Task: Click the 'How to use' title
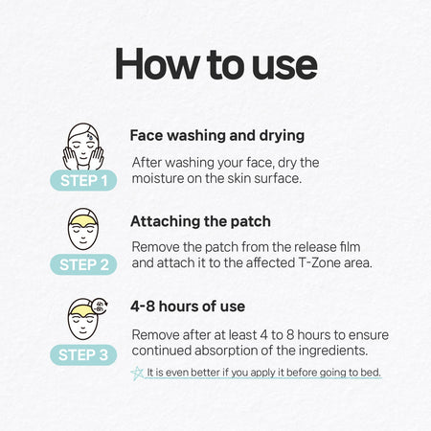(216, 64)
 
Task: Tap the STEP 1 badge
(83, 180)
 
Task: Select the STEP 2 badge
(83, 264)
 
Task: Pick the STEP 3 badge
(83, 354)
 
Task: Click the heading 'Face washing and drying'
(217, 136)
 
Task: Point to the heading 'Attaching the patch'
(200, 221)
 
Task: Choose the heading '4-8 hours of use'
(188, 306)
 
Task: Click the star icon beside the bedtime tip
(137, 373)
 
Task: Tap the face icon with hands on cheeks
(83, 147)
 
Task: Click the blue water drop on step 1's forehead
(92, 136)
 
